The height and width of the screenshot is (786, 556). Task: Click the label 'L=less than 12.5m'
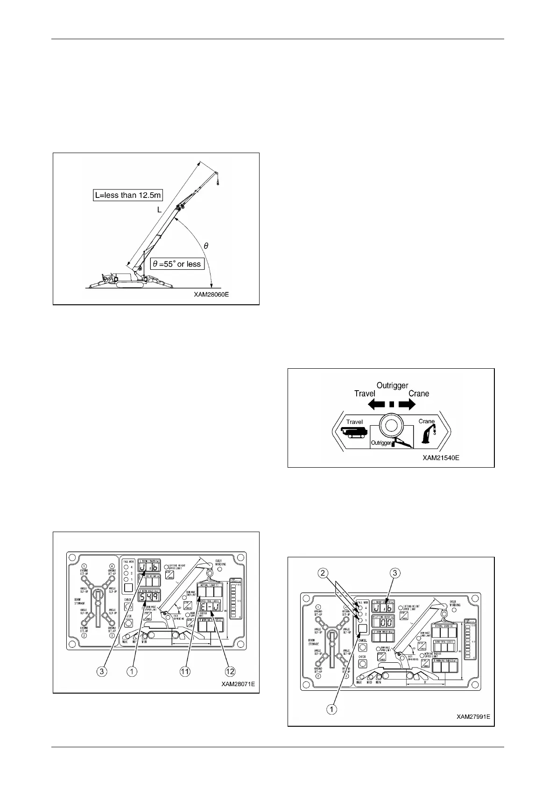coord(127,195)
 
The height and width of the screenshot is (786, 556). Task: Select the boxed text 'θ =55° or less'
coord(177,264)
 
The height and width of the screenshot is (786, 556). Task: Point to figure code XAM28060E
coord(211,295)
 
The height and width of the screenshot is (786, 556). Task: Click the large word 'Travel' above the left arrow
coord(365,393)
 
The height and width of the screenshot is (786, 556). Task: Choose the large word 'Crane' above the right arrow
coord(419,393)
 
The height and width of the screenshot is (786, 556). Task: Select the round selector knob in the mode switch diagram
coord(392,426)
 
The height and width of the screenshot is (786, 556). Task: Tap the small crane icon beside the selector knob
coord(427,434)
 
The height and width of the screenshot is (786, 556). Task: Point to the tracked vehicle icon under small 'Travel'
coord(354,433)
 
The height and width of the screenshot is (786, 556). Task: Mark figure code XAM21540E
coord(441,458)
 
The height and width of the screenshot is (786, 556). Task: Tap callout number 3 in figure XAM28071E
coord(100,671)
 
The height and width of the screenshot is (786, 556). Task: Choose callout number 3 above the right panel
coord(394,573)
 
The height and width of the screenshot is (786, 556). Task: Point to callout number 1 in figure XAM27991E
coord(331,709)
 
